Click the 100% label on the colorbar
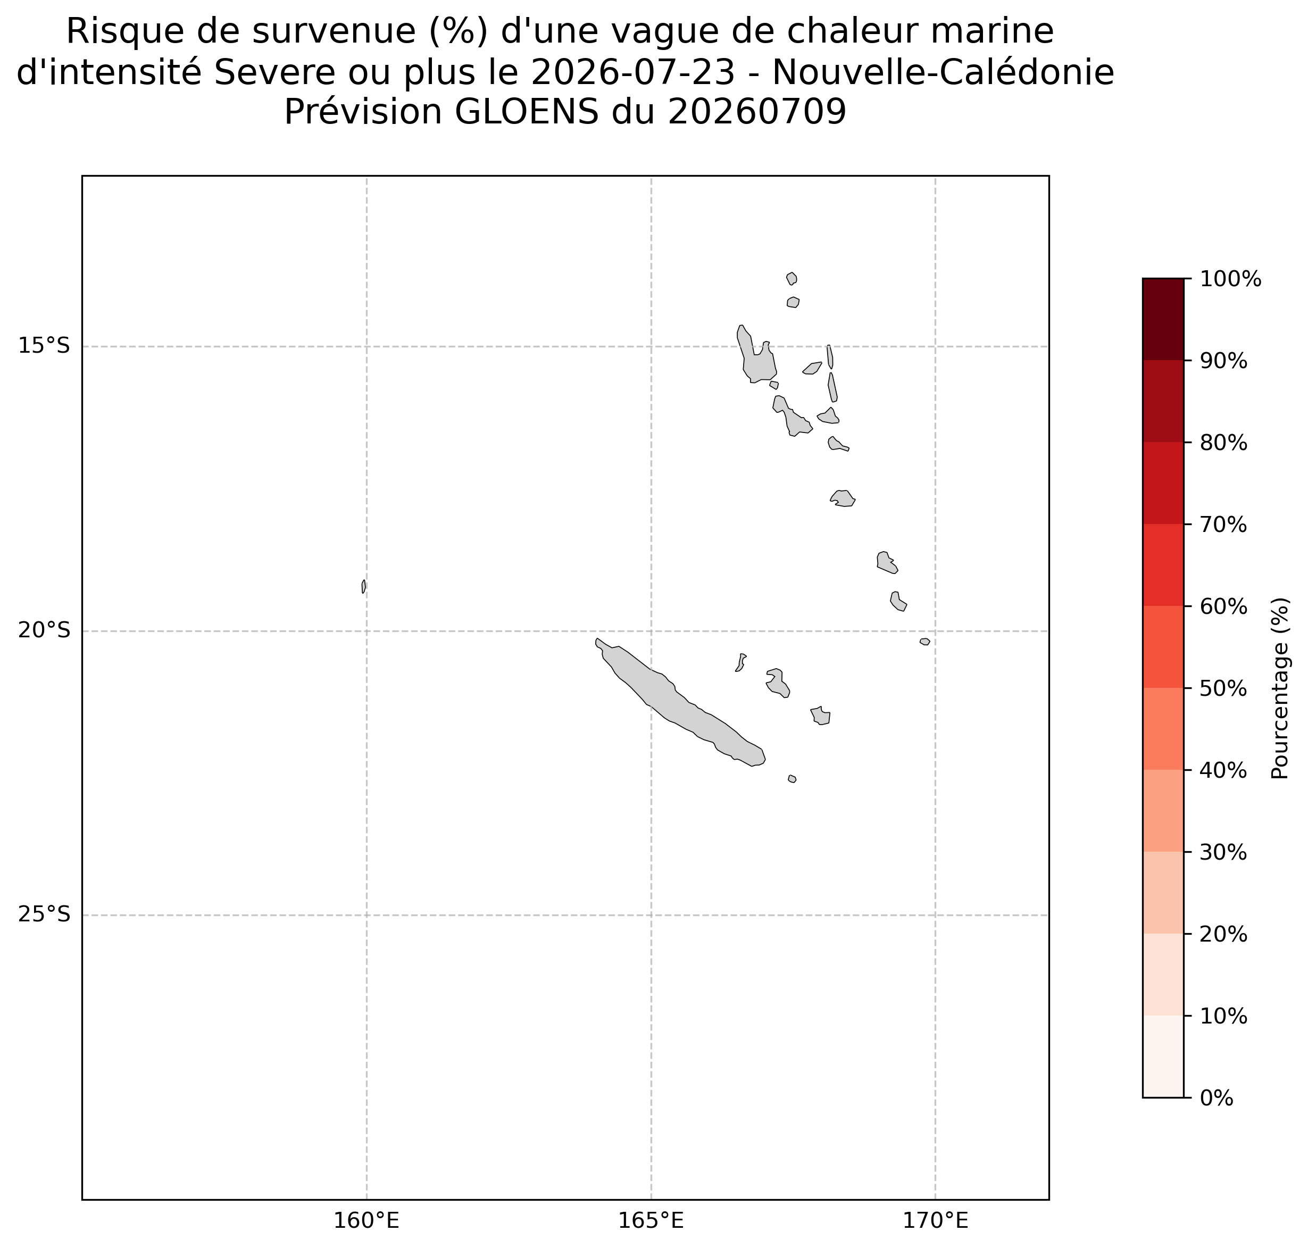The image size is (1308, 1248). click(x=1230, y=279)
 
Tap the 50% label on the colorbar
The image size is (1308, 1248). click(x=1223, y=688)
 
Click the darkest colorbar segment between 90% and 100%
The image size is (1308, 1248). click(x=1163, y=319)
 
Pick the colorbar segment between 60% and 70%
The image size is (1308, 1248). click(x=1163, y=565)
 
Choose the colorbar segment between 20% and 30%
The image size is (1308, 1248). click(x=1163, y=892)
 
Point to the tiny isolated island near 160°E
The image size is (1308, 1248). click(x=363, y=586)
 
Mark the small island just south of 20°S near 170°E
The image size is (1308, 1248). click(x=925, y=642)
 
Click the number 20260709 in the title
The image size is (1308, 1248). click(x=757, y=112)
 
